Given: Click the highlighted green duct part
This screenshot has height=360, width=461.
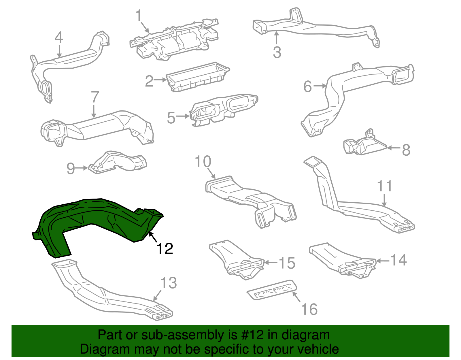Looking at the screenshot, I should tap(95, 219).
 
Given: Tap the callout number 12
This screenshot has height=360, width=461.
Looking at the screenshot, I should tap(165, 248).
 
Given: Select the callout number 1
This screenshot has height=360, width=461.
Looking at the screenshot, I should tap(139, 16).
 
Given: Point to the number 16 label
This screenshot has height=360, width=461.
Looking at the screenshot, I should tap(309, 309).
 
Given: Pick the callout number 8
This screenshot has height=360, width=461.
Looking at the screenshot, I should tap(406, 150).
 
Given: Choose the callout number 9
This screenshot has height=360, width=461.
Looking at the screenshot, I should tap(71, 169).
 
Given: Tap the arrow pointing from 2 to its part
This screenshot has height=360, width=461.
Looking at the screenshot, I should tap(160, 80).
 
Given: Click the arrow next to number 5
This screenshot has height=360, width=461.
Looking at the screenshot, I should tap(183, 116).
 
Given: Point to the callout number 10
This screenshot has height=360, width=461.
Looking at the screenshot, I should tap(203, 161).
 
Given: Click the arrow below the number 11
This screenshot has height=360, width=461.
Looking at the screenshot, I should tap(385, 200).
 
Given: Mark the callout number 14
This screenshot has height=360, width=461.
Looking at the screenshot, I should tap(398, 260).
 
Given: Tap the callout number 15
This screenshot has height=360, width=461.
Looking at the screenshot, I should tap(287, 263).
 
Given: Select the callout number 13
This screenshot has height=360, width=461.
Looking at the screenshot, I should tap(169, 283).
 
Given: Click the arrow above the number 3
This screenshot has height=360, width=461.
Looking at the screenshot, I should tap(277, 38).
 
